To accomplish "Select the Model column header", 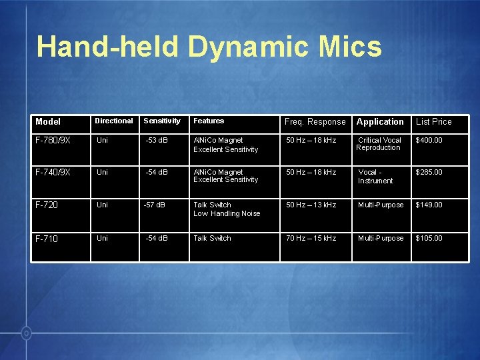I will (x=48, y=121).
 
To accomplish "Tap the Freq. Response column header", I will (x=315, y=121).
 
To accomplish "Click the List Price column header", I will (x=434, y=121).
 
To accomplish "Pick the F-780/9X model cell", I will (x=53, y=141).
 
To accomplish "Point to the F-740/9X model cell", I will (x=53, y=173).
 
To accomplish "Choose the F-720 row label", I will (x=47, y=205).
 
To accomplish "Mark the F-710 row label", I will (x=47, y=239).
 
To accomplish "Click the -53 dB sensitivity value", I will (x=158, y=140).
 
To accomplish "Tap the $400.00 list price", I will (x=429, y=140).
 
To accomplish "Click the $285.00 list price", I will (x=429, y=172).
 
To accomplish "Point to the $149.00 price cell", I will (x=429, y=205).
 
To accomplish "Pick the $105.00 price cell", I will (x=429, y=238).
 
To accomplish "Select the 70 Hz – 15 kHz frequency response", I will (x=311, y=238).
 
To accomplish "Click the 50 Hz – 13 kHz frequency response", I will (x=311, y=205).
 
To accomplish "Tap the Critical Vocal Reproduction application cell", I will (x=379, y=144).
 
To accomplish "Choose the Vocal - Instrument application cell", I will (x=375, y=176).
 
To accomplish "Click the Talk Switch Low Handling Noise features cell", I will (x=227, y=209).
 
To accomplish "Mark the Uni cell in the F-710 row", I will (x=103, y=238).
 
